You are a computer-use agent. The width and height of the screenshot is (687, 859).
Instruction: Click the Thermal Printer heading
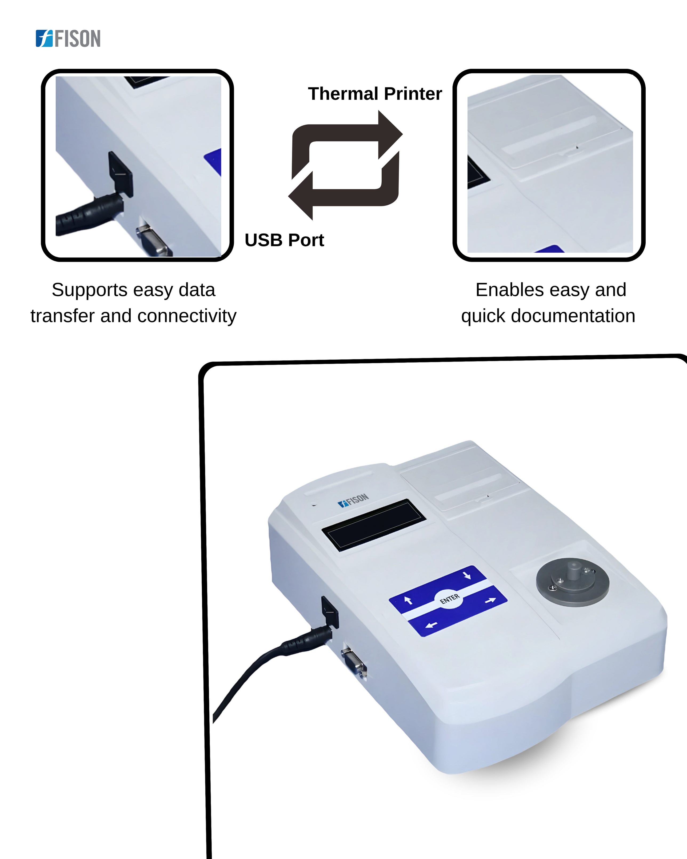[375, 94]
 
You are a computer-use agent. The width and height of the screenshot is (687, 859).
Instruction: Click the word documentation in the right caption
[573, 316]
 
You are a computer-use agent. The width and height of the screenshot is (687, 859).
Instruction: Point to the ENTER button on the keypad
[450, 599]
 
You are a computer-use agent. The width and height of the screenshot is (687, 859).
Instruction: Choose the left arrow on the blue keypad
[431, 625]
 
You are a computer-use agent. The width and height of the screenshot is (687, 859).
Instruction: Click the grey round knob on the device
[573, 582]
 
